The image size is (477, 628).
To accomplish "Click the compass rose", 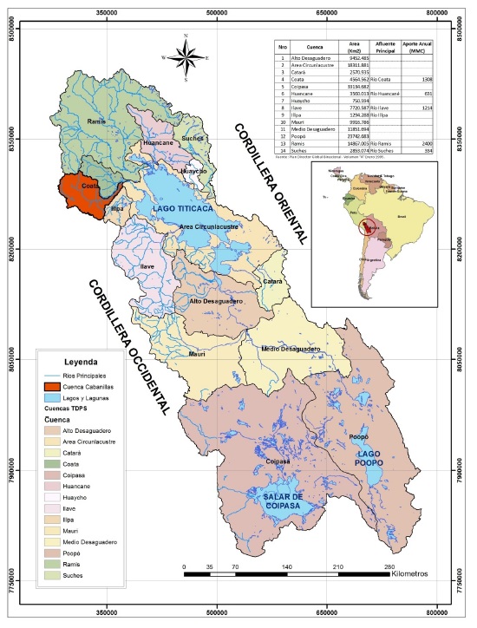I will click(186, 57).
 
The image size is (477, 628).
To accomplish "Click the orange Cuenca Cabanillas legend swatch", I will click(55, 385).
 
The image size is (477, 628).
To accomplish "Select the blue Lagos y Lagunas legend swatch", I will click(55, 396).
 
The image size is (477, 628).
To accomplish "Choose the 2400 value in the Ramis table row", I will click(427, 142).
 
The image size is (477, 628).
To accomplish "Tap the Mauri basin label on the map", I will click(197, 354).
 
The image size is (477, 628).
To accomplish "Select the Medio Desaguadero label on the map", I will click(291, 349).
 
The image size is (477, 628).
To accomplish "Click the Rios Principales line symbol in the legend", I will click(55, 374).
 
